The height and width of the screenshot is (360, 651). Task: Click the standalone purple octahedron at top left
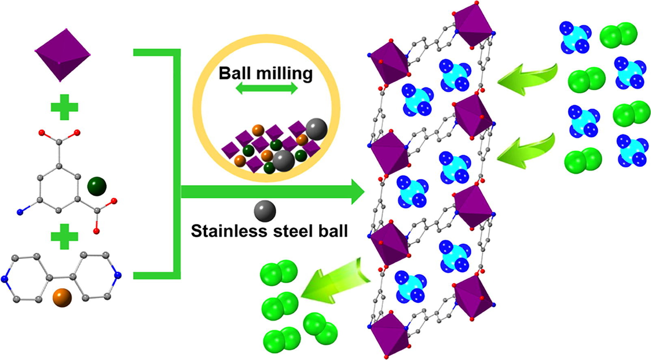[62, 54]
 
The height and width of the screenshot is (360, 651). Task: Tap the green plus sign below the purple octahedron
[64, 107]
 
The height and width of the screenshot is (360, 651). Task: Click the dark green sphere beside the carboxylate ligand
[97, 187]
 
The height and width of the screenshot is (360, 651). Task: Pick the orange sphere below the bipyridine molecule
[62, 298]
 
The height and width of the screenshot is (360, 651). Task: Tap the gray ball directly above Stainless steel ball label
[265, 211]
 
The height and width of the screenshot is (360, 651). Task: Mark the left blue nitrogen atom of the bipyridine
[4, 279]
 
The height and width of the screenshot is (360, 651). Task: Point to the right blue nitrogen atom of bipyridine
[118, 275]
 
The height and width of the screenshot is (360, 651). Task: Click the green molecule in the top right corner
[618, 35]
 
